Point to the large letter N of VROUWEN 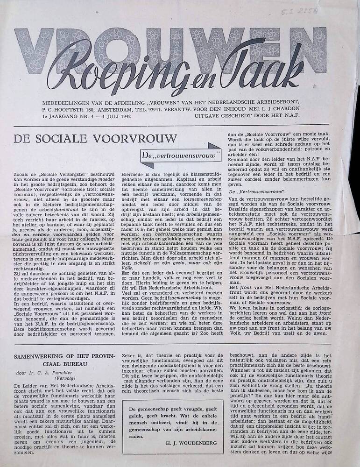(304, 49)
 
